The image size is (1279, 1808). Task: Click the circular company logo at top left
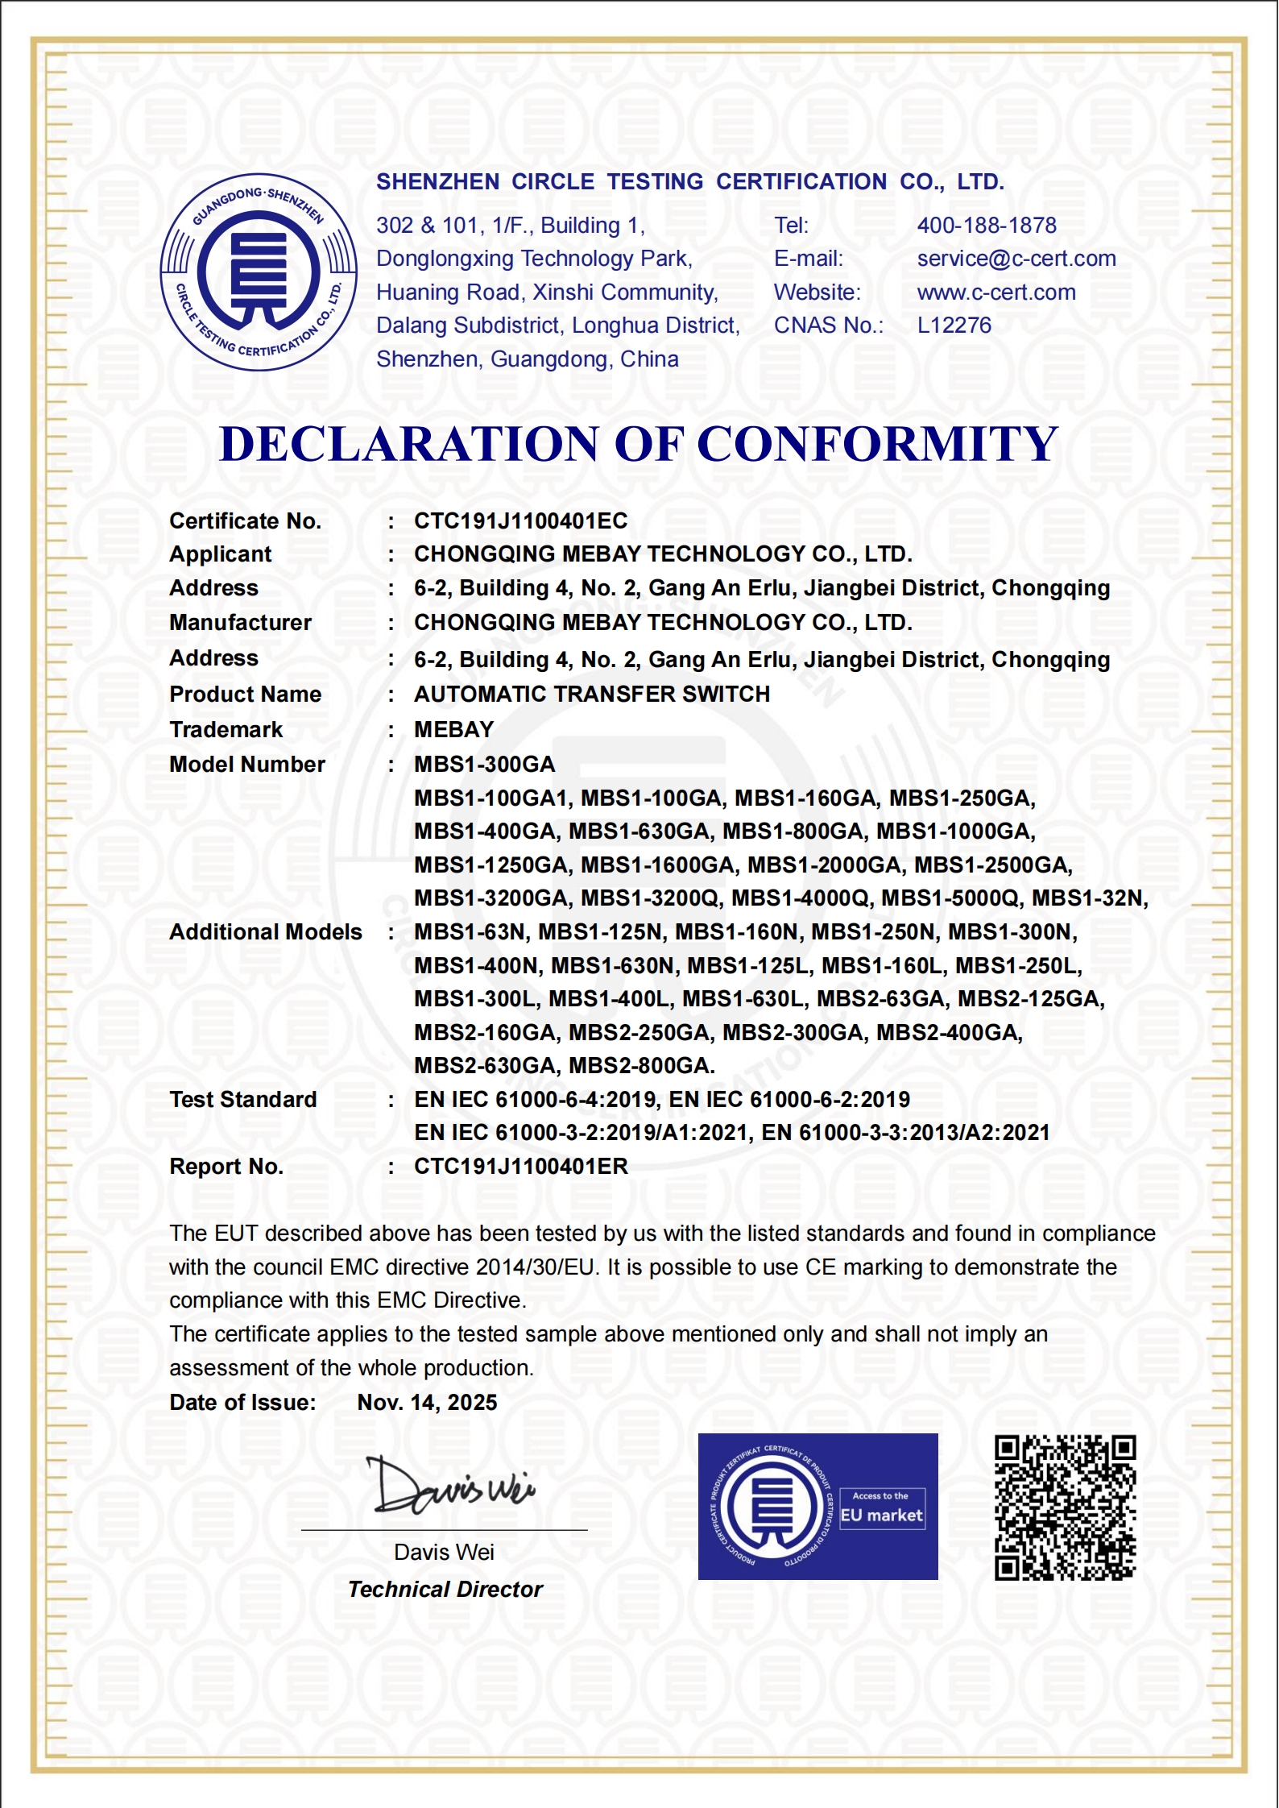tap(259, 272)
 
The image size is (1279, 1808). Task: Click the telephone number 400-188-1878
tap(986, 226)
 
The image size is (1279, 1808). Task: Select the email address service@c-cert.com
tap(1016, 259)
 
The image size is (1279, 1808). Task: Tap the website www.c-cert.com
tap(995, 292)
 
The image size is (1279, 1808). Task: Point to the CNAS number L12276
tap(954, 326)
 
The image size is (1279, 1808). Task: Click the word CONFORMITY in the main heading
tap(876, 444)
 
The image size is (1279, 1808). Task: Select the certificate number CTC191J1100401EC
tap(520, 521)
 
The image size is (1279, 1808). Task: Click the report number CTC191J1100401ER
tap(520, 1167)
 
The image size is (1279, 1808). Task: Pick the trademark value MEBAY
tap(453, 730)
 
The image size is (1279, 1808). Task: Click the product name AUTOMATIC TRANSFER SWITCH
tap(591, 695)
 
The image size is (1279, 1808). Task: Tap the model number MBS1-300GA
tap(484, 765)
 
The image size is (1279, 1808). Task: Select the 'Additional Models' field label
tap(265, 932)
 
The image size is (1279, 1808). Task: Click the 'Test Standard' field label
tap(242, 1100)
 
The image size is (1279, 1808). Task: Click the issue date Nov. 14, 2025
tap(427, 1403)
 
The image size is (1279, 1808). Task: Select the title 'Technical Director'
tap(445, 1590)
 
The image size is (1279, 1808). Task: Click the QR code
tap(1065, 1507)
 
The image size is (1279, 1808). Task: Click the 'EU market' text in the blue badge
tap(881, 1516)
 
